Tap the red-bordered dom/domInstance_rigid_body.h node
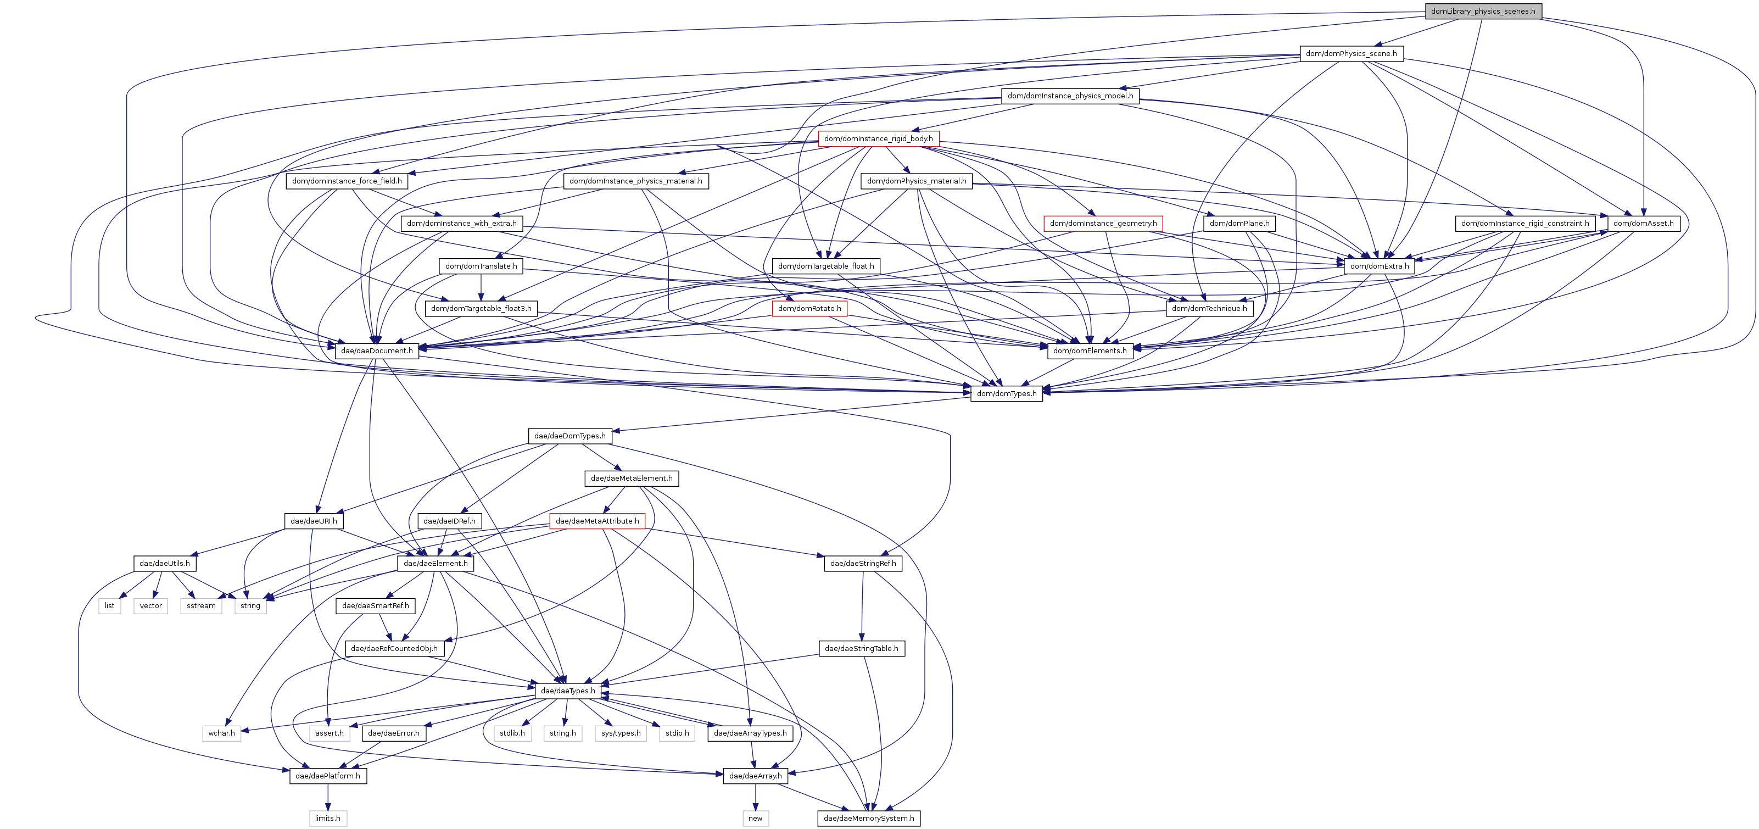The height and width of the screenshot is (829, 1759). (x=878, y=138)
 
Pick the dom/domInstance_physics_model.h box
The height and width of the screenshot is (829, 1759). (x=1069, y=96)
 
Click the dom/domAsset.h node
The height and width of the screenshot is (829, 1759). (x=1643, y=223)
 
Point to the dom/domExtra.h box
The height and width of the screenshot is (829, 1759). (x=1378, y=266)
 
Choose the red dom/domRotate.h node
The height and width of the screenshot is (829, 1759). (x=809, y=308)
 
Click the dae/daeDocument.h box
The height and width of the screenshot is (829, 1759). (x=376, y=350)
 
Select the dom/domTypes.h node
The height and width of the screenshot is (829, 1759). (x=1006, y=393)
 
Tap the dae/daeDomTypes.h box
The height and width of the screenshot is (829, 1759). (x=569, y=436)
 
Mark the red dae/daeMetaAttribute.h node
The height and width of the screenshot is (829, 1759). (x=597, y=521)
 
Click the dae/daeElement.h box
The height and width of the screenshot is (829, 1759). (x=435, y=563)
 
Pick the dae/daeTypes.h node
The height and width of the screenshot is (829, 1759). (x=567, y=691)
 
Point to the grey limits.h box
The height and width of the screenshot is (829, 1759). (x=327, y=818)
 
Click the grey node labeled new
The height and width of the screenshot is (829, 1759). (x=755, y=818)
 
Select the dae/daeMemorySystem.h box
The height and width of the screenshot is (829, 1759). (x=869, y=818)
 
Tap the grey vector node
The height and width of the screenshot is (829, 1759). (x=151, y=606)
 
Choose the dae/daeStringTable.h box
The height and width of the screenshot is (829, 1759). (x=861, y=648)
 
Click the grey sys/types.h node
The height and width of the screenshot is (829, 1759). (x=621, y=733)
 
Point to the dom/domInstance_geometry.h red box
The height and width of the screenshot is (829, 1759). (x=1103, y=223)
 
